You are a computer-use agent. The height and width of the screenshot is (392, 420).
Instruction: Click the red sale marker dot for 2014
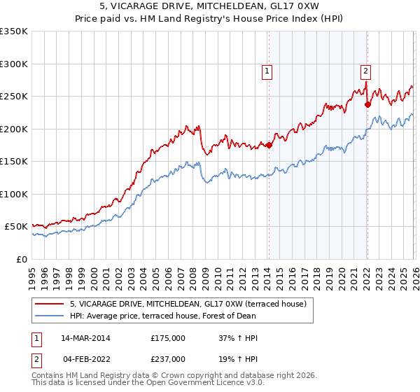(269, 146)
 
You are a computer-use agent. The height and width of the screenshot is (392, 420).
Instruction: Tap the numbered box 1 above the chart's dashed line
(267, 70)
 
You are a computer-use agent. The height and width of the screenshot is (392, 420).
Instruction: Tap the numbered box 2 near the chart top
(365, 70)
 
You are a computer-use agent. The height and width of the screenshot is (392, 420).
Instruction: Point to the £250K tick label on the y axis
(13, 97)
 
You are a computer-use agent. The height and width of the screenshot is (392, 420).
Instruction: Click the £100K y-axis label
(13, 194)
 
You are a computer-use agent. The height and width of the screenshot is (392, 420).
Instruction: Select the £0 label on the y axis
(21, 259)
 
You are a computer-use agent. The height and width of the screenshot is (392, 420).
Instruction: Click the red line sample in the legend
(50, 304)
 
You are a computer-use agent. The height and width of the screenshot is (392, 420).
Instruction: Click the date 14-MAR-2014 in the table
(85, 338)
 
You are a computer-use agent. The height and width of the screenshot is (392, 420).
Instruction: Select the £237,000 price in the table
(168, 358)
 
